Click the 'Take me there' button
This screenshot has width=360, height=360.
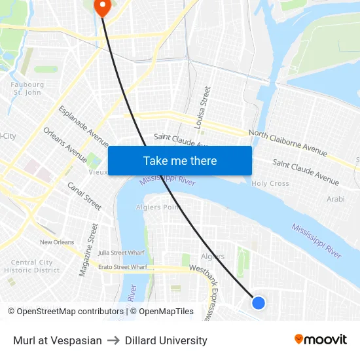(180, 160)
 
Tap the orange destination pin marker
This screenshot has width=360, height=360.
(103, 7)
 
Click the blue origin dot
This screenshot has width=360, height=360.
(259, 302)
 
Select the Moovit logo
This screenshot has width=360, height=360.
(321, 340)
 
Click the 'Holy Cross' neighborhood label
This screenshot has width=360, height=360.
(270, 184)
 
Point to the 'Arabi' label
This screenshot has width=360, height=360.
(335, 198)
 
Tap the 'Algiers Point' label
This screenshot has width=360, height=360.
(157, 207)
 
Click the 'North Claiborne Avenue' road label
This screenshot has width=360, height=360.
(287, 143)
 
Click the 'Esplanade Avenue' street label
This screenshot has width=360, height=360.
(84, 126)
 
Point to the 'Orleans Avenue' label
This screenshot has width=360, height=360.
(65, 145)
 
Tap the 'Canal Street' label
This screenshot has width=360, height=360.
(84, 196)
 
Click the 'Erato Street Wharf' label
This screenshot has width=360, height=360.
(108, 267)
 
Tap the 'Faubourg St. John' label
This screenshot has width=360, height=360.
(27, 88)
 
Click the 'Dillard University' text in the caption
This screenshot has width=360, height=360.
(166, 340)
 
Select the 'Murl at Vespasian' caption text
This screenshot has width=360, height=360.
(58, 340)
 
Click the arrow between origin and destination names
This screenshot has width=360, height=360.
(113, 340)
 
